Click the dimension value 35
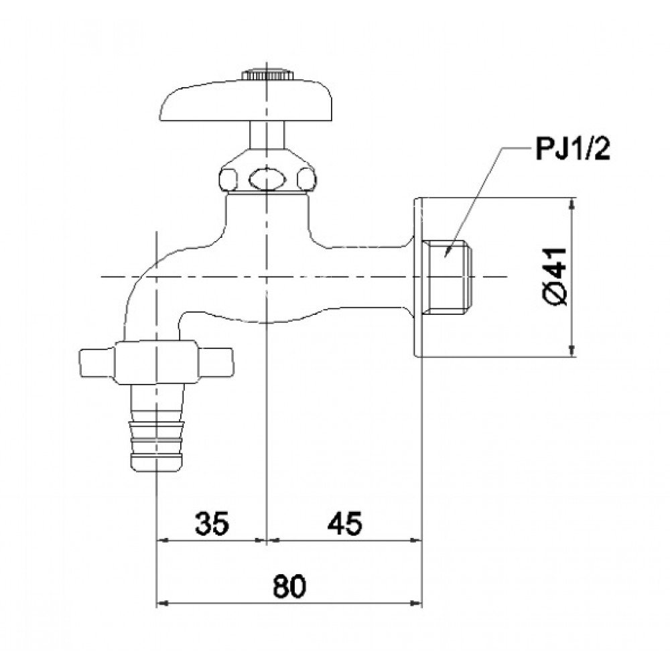coord(212,523)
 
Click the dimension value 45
coord(344,523)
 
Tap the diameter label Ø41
coord(556,275)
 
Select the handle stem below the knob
coord(267,134)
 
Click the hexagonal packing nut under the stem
coord(267,176)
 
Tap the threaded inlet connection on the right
coord(450,277)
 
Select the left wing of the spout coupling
coord(98,362)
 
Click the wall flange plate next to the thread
coord(418,277)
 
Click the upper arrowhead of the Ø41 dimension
coord(572,204)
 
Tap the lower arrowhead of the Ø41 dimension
coord(572,350)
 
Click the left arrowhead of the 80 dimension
coord(161,604)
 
